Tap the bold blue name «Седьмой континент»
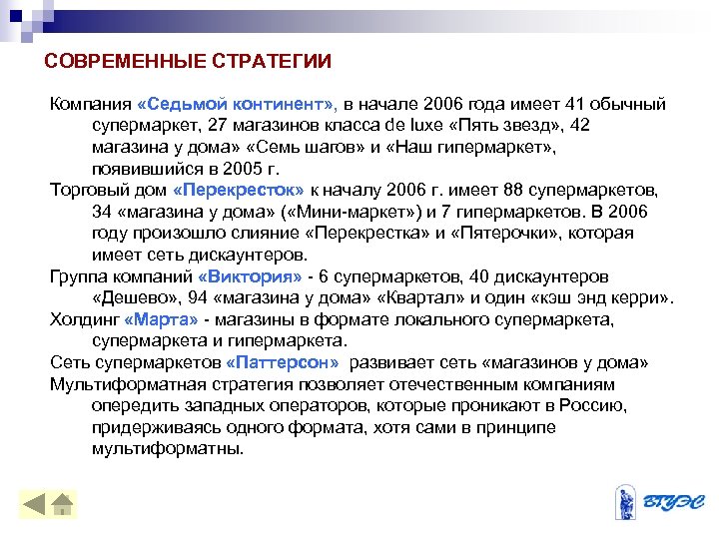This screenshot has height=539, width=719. coord(239,105)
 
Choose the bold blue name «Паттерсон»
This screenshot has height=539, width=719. coord(283,362)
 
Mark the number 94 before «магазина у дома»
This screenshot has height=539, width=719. coord(212,297)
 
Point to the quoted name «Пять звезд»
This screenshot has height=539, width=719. coord(503,126)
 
